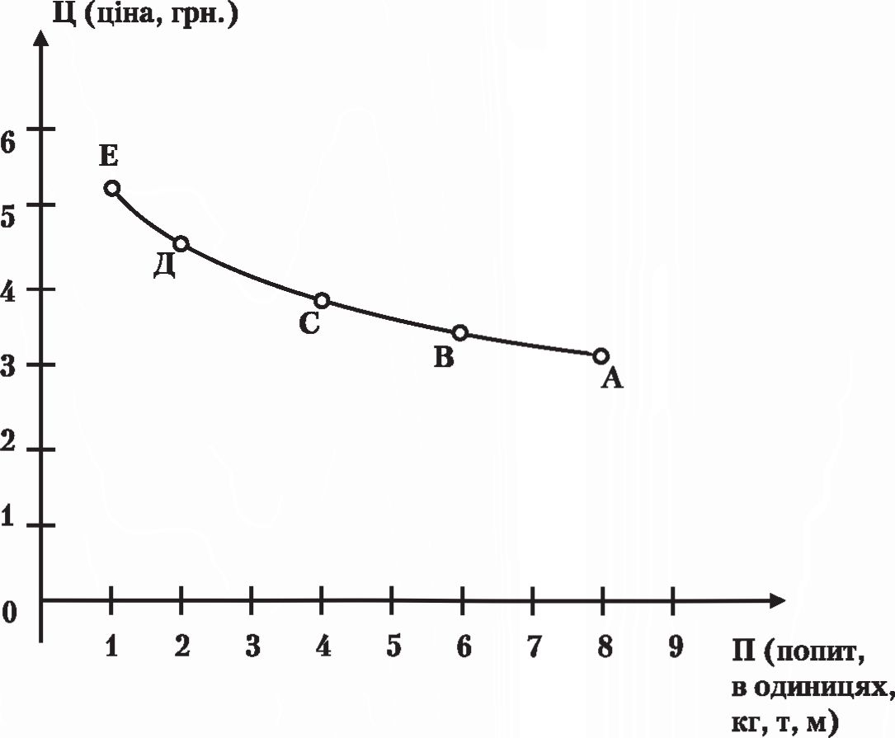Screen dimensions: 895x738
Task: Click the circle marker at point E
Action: [112, 188]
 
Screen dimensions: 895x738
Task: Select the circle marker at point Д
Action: [181, 244]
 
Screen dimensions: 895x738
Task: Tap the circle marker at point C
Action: [322, 300]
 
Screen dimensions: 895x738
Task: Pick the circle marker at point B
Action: [460, 333]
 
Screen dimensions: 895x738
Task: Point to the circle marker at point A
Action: [601, 356]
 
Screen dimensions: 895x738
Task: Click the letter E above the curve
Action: [108, 155]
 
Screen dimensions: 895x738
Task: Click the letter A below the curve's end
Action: [612, 378]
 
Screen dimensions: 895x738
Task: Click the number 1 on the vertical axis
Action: [7, 516]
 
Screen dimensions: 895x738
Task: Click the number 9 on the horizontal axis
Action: [676, 646]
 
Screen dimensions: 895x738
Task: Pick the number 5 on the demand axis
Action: [393, 646]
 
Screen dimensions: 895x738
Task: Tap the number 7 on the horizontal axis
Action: [534, 646]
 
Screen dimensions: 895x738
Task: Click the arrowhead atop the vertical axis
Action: [40, 38]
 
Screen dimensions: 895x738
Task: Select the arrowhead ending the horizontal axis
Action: [776, 600]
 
